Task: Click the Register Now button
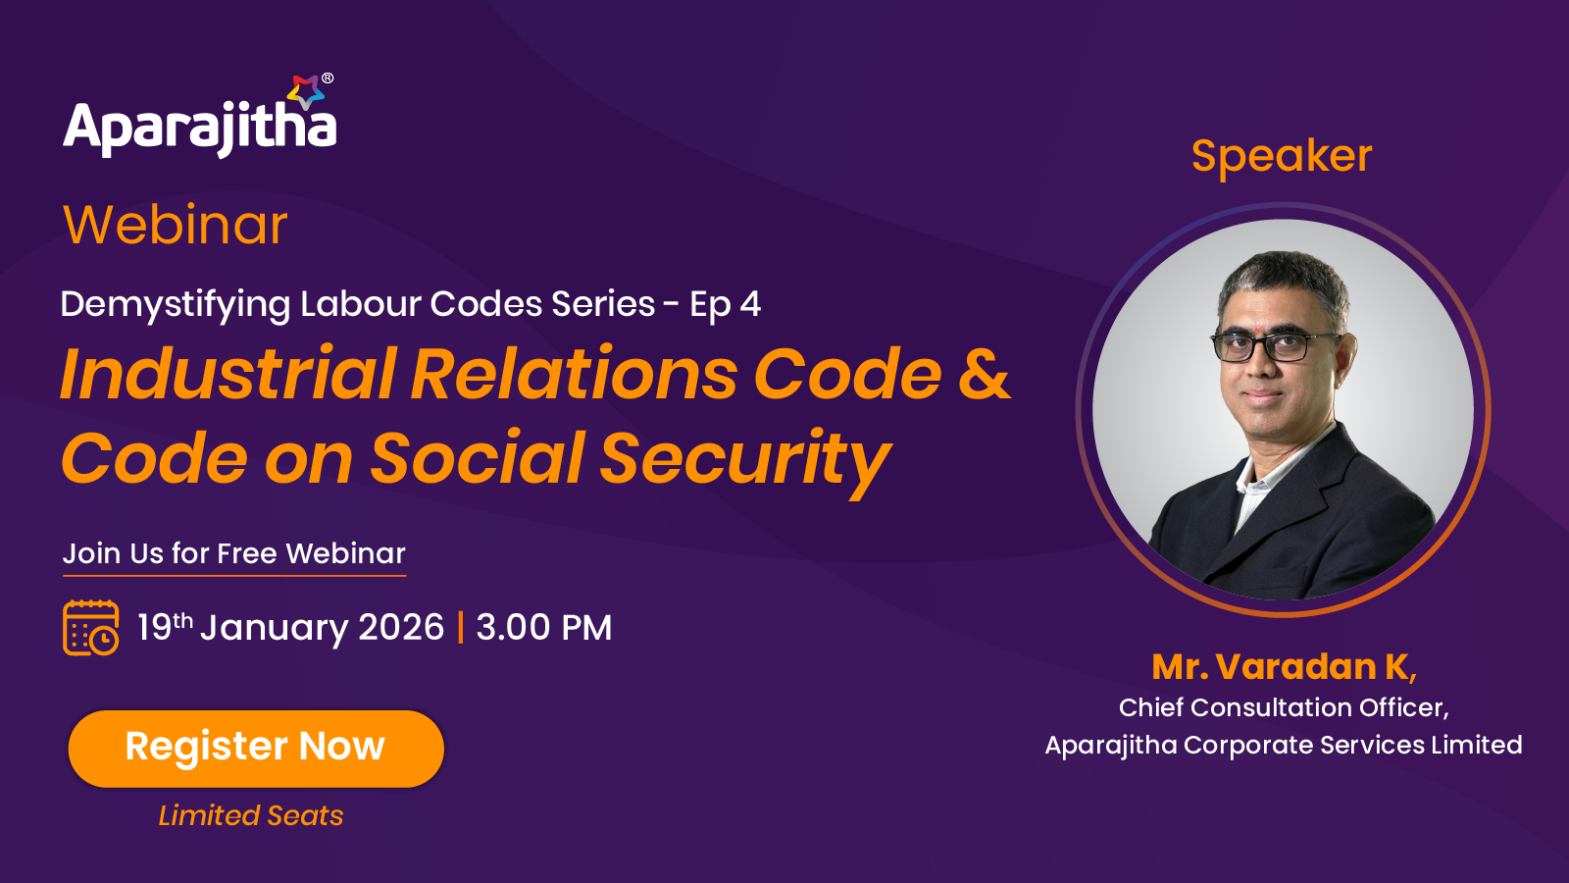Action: (x=256, y=749)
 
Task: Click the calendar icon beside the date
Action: (x=91, y=627)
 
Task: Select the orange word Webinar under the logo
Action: (x=176, y=226)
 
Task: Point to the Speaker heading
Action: (x=1281, y=157)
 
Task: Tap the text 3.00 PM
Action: (x=544, y=627)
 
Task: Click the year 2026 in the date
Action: (x=401, y=627)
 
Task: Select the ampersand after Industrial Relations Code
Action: (x=984, y=376)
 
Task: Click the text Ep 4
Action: (x=725, y=305)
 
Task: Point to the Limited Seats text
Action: (x=251, y=815)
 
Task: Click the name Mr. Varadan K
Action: (x=1284, y=666)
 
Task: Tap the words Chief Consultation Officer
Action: (x=1284, y=707)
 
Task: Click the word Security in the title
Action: (x=745, y=460)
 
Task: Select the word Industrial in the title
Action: (x=228, y=374)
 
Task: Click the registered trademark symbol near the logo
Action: (x=328, y=78)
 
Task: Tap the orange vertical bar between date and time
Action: (x=460, y=627)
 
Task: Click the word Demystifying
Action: (x=176, y=305)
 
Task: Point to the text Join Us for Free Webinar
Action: (x=234, y=553)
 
